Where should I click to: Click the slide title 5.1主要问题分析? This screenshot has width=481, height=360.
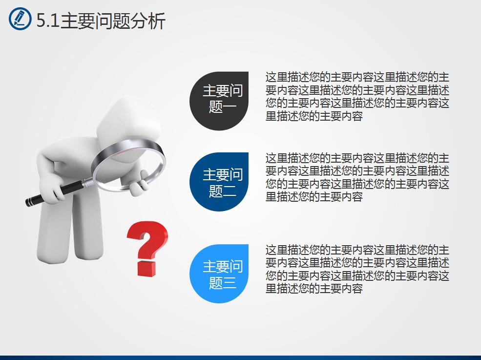point(101,21)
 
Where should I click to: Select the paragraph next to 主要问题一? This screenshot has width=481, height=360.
point(357,97)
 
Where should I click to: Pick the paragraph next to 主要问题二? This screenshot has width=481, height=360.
point(357,178)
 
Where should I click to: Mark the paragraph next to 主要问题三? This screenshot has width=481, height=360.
point(357,269)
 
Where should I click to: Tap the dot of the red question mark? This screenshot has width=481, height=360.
point(146,268)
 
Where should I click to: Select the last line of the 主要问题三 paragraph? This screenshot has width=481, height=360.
point(314,289)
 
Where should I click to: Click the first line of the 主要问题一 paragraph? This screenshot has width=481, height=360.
point(357,78)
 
